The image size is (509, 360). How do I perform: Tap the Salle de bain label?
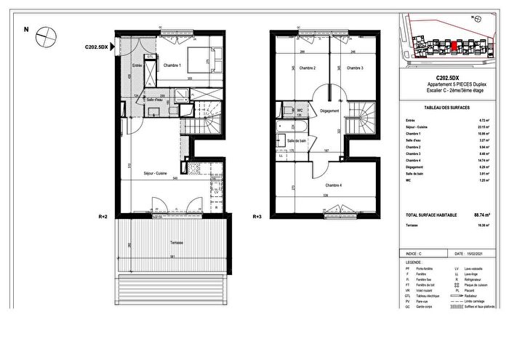pos(298,140)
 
